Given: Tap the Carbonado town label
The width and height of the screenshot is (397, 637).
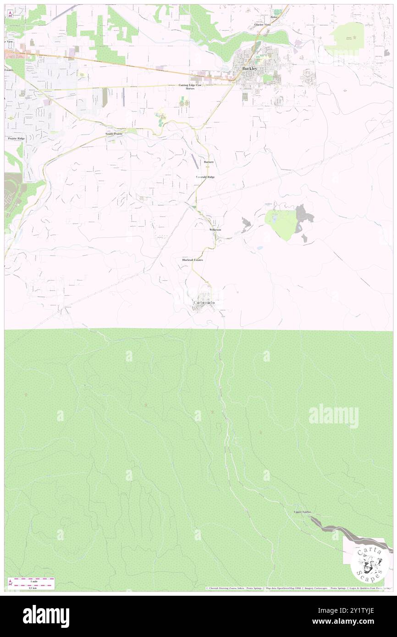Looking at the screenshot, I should click(x=203, y=303).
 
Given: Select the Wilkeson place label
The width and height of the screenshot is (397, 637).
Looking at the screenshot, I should click(x=215, y=229).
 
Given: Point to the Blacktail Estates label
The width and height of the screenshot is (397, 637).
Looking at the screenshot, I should click(x=193, y=260).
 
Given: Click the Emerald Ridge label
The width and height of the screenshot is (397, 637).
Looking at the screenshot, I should click(x=205, y=177).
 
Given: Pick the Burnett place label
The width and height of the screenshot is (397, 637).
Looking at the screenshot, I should click(x=209, y=162).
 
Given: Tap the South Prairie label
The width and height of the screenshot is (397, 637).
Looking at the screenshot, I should click(x=114, y=133).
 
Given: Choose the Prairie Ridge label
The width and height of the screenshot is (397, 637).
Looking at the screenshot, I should click(x=16, y=138).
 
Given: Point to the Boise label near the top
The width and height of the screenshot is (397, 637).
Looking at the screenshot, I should click(x=274, y=17).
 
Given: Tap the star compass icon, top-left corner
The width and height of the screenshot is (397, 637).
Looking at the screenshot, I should click(x=9, y=13).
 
